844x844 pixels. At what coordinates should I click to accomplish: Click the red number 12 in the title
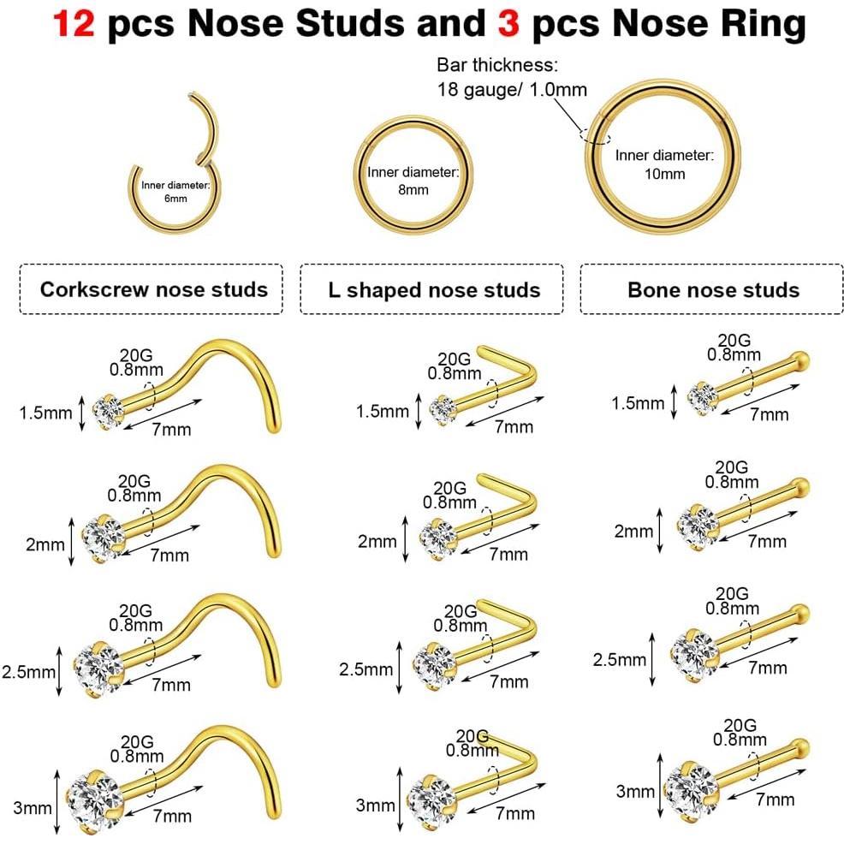click(75, 25)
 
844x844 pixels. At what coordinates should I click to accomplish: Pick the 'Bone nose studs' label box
click(713, 288)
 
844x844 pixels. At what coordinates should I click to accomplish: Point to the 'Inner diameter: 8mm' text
click(413, 180)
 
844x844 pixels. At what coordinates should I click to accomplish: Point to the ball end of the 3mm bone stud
click(802, 744)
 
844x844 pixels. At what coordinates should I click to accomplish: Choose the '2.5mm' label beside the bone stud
click(621, 659)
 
